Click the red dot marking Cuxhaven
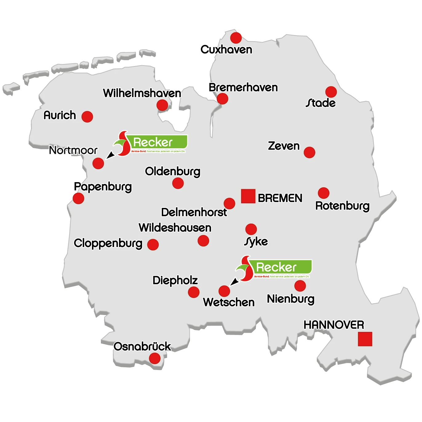tap(236, 38)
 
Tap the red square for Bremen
tap(248, 196)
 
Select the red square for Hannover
tap(365, 339)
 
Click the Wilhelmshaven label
tap(142, 93)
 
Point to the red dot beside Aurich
tap(87, 117)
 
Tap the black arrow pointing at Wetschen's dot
tap(234, 281)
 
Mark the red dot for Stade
tap(331, 92)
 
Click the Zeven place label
tap(284, 146)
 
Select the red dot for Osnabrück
tap(155, 358)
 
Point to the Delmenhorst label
tap(194, 212)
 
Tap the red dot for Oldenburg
tap(178, 183)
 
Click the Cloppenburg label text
tap(108, 243)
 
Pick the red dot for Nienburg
tap(300, 286)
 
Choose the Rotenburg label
tap(342, 206)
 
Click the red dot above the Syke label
tap(251, 229)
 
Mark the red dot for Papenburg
tap(78, 198)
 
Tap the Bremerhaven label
tap(243, 88)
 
